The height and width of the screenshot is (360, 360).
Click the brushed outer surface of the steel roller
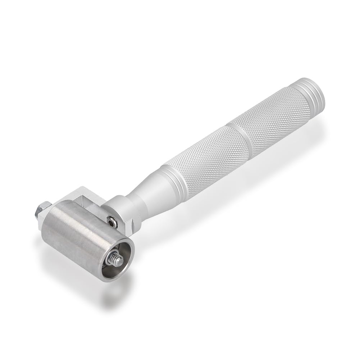(x=72, y=237)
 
